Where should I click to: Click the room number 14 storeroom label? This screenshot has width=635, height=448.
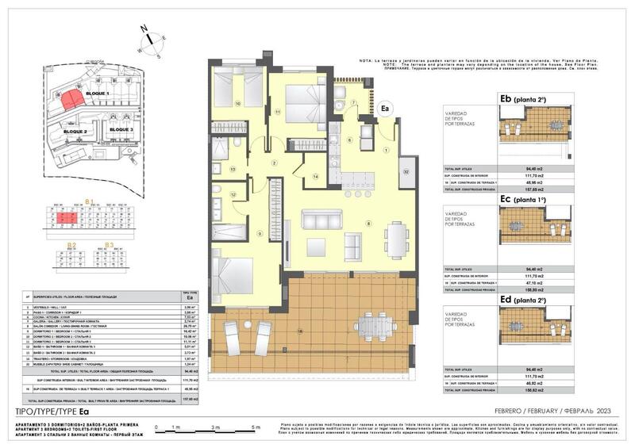(x=315, y=176)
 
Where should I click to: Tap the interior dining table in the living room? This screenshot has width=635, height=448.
(x=394, y=236)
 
